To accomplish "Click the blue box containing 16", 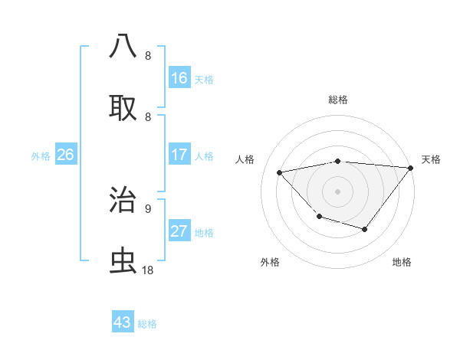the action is click(x=179, y=78).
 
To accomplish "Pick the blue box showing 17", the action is click(x=179, y=155).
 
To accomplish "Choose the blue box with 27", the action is click(x=179, y=231).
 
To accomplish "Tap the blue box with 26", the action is click(x=65, y=155).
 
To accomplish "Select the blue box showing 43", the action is click(x=123, y=322).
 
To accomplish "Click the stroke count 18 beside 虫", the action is click(x=147, y=270).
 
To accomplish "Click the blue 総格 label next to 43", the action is click(x=147, y=324).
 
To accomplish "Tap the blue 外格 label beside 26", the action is click(x=41, y=156).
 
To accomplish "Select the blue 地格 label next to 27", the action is click(x=204, y=233).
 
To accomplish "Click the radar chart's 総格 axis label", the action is click(x=337, y=100).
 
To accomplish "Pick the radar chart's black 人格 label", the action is click(x=245, y=159).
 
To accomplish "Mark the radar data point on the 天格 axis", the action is click(x=410, y=168).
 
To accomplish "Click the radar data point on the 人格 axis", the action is click(x=280, y=172).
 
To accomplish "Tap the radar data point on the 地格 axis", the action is click(x=365, y=229).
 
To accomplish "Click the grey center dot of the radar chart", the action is click(x=337, y=191).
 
